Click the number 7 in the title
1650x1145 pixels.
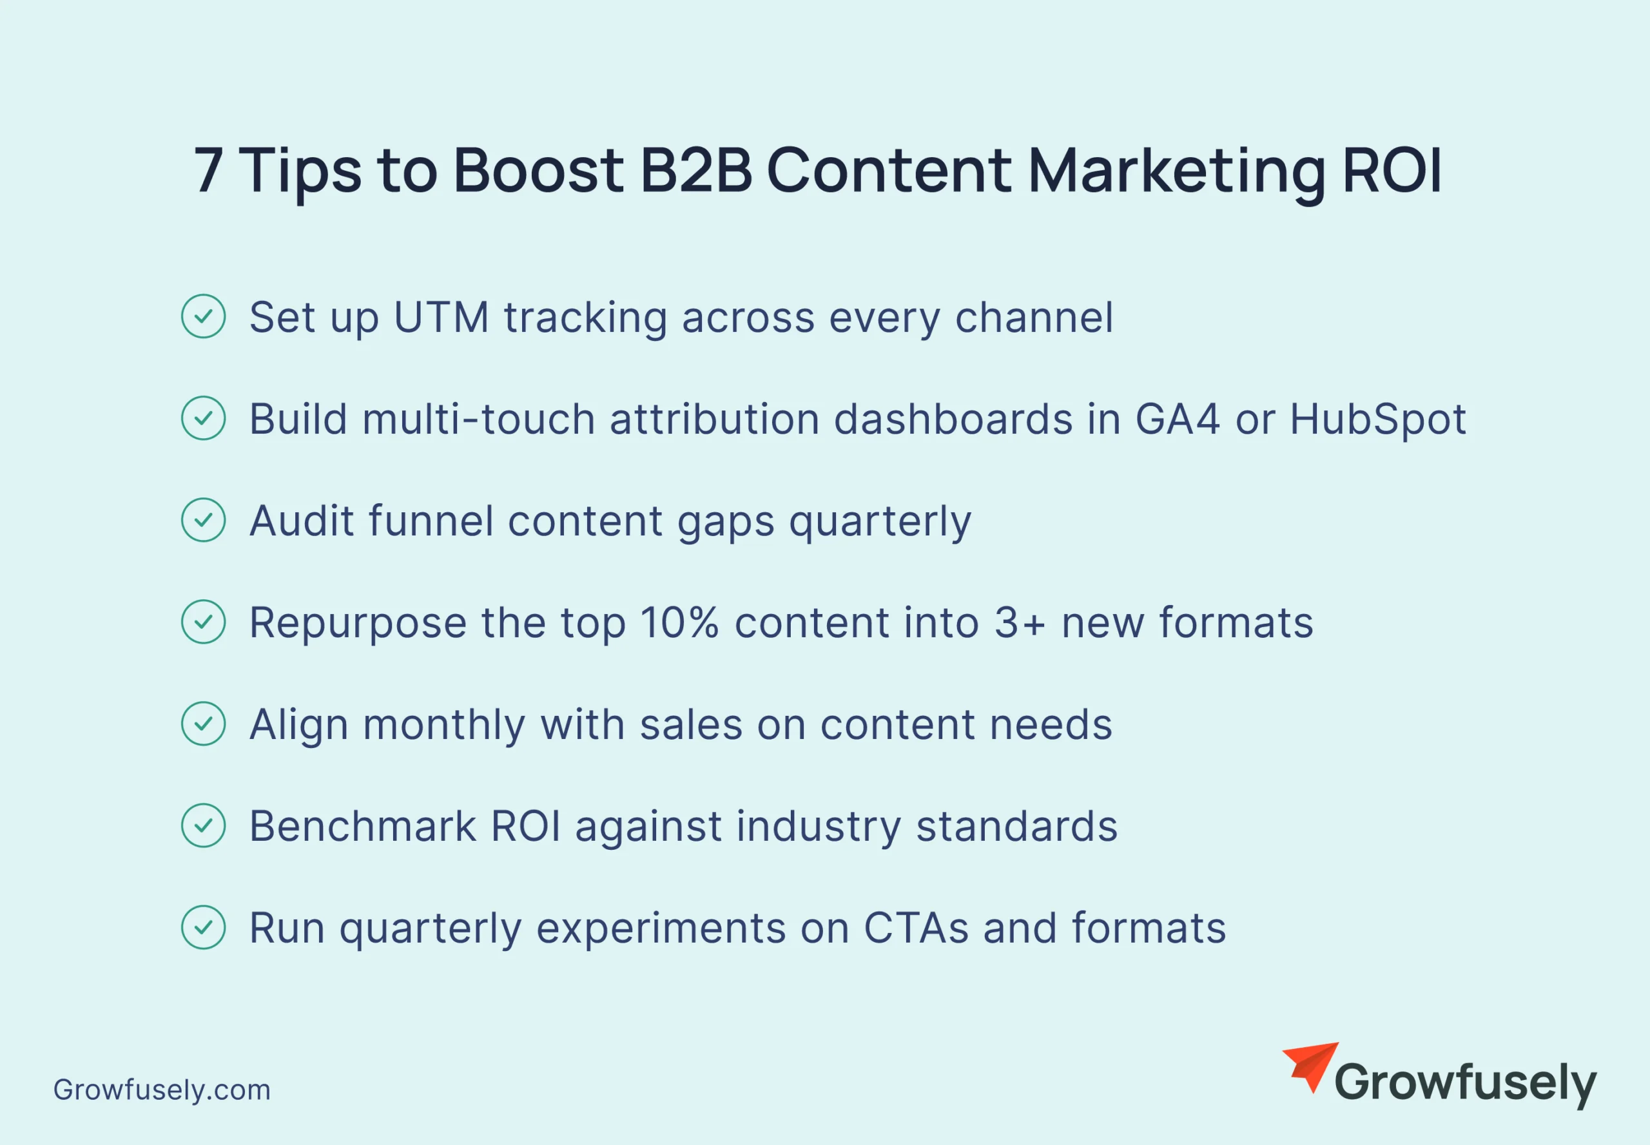209,170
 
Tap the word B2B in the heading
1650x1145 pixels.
695,170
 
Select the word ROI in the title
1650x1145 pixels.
1392,170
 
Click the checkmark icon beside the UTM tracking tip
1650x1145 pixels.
204,316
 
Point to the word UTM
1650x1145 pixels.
442,317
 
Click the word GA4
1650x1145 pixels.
1177,419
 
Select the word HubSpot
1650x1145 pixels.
1378,419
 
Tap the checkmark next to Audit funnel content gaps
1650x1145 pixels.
204,520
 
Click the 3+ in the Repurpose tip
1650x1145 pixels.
1019,622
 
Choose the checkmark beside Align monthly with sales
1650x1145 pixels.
204,724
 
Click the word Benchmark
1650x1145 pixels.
362,826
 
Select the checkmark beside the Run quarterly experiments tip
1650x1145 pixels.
204,928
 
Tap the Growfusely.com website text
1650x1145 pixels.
162,1090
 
